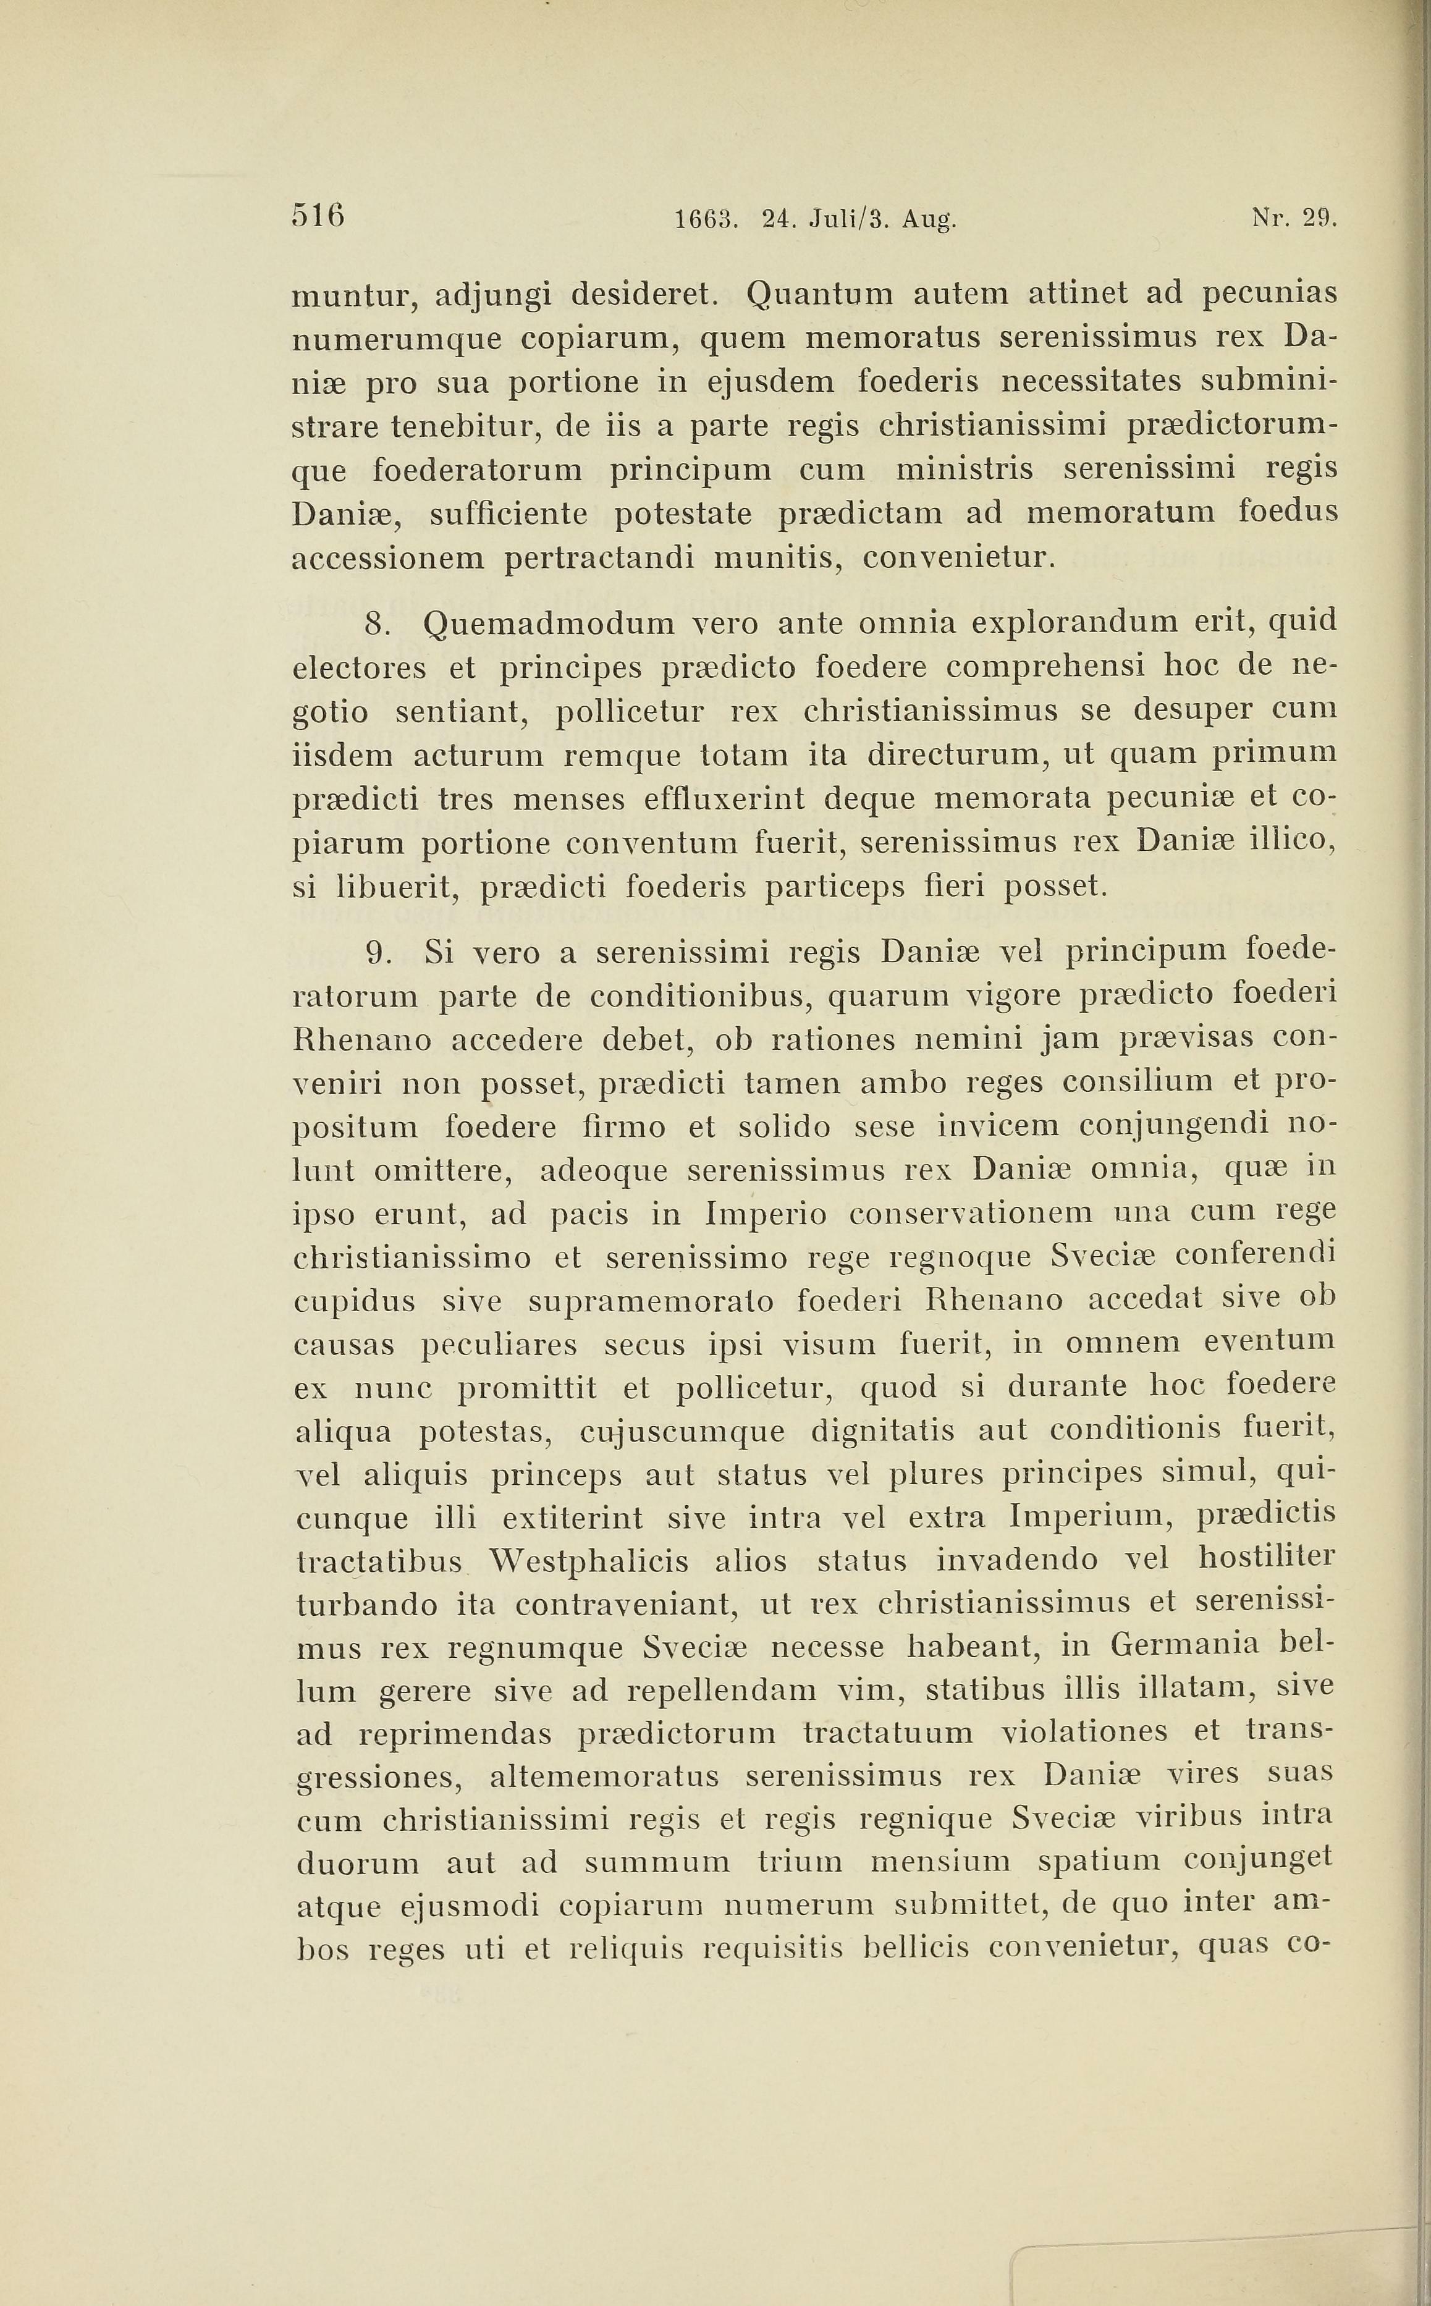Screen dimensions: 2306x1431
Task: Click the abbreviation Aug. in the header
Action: coord(929,221)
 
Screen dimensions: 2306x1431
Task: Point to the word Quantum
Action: coord(819,294)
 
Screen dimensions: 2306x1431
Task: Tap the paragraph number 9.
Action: coord(379,953)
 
